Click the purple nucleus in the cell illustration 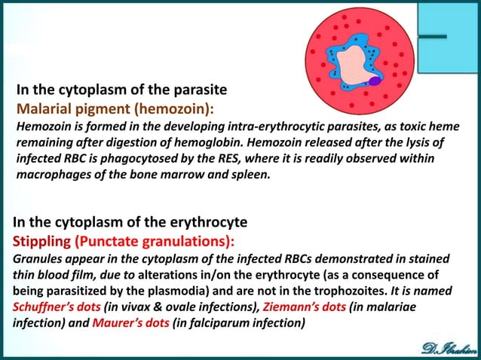(375, 78)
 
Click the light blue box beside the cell (449, 38)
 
